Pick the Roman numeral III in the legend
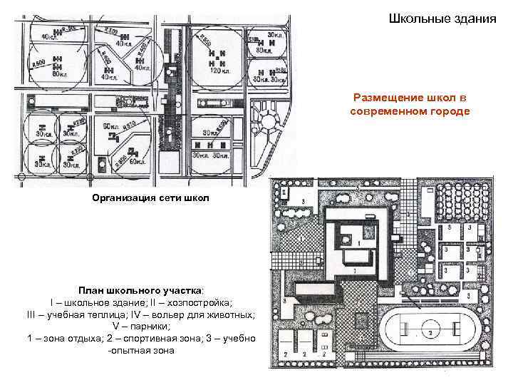[x=31, y=314]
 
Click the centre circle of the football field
[x=431, y=332]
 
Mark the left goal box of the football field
[x=389, y=332]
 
